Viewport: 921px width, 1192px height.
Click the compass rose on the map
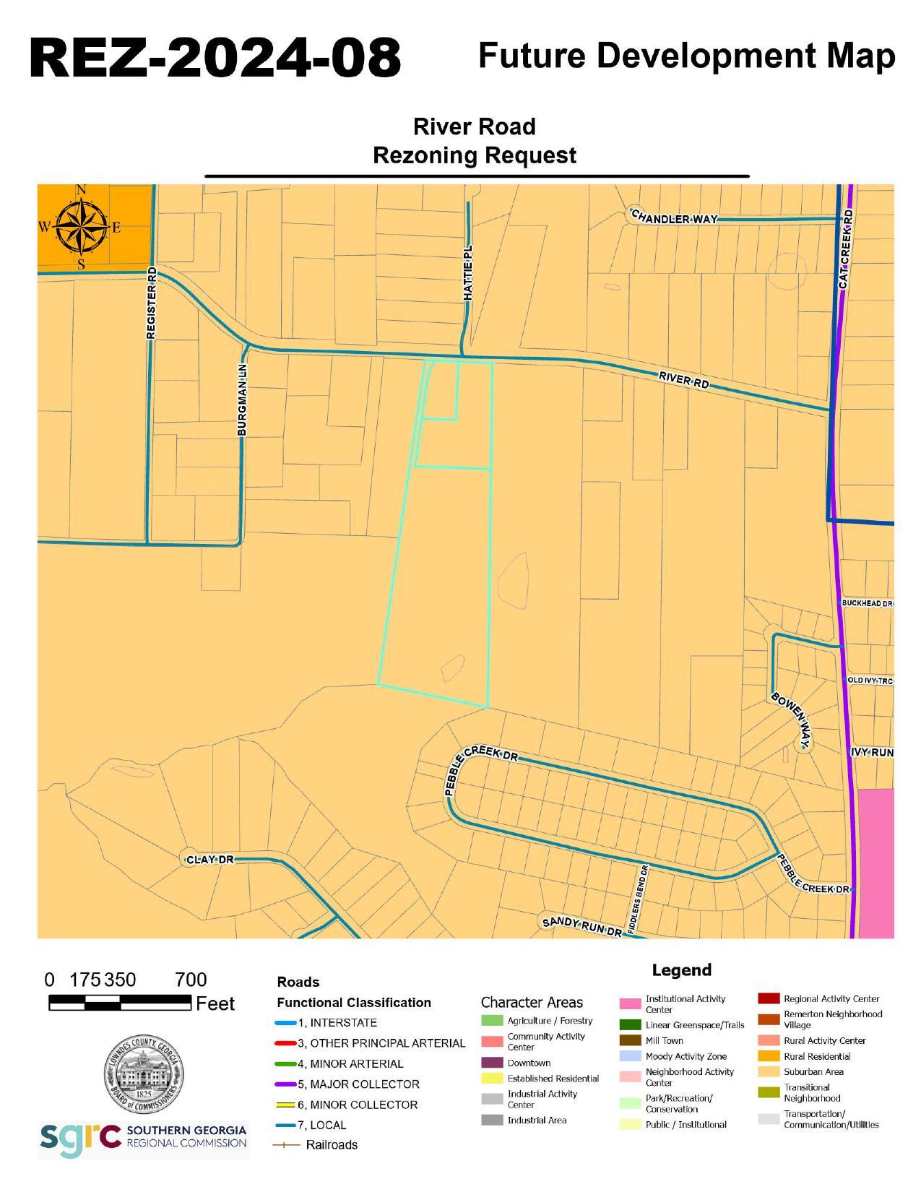[81, 227]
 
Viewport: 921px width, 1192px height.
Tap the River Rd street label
[683, 380]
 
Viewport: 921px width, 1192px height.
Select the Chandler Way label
[674, 217]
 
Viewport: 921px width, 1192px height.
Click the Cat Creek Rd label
[847, 250]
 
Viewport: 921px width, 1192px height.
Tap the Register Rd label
[151, 303]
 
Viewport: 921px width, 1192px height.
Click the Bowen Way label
[792, 720]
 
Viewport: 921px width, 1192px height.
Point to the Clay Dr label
[209, 860]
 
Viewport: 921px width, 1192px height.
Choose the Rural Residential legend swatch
[769, 1056]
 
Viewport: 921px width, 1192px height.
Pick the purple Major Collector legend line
[286, 1084]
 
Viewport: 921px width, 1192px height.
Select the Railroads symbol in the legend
[286, 1145]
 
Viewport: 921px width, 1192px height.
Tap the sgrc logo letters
[80, 1139]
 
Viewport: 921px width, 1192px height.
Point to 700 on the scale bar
[191, 980]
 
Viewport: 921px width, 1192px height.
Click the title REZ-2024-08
[215, 58]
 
